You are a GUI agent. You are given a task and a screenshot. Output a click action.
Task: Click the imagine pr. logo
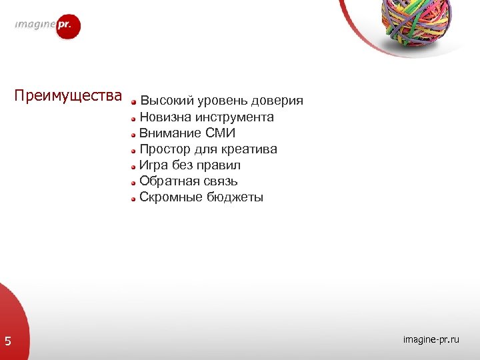(48, 27)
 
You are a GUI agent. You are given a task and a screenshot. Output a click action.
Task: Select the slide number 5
(8, 342)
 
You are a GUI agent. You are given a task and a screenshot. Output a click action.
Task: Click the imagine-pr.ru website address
(431, 340)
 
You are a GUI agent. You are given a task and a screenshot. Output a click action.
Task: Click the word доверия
(279, 101)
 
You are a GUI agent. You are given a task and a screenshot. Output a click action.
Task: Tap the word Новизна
(165, 117)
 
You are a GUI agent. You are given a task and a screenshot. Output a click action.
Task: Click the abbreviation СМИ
(221, 133)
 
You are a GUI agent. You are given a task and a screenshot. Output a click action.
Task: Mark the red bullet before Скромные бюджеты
(134, 198)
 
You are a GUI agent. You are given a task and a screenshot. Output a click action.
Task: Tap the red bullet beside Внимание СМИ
(134, 134)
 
